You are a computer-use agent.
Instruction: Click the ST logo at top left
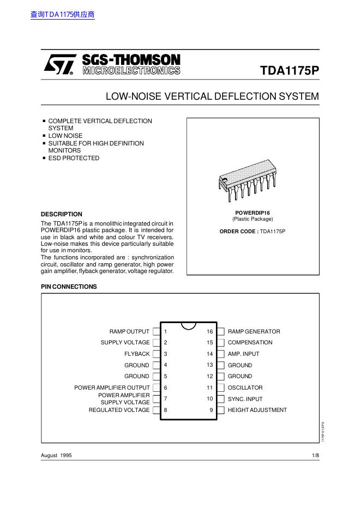(x=58, y=65)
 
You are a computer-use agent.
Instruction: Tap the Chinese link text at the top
(x=63, y=15)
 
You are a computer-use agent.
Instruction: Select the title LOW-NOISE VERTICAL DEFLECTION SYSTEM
(x=212, y=96)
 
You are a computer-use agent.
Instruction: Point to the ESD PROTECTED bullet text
(x=74, y=158)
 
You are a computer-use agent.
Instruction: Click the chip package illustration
(x=252, y=180)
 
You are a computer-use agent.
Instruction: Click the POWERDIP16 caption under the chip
(x=252, y=212)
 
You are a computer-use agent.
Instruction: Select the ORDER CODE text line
(x=252, y=232)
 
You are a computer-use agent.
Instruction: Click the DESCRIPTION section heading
(x=62, y=214)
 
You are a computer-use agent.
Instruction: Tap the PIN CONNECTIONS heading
(x=69, y=287)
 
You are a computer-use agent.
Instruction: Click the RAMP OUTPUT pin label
(x=129, y=331)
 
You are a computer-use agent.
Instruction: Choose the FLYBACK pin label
(x=137, y=354)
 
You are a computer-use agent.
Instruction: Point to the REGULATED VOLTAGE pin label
(x=119, y=410)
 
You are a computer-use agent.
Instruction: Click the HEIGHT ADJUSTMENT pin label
(x=257, y=410)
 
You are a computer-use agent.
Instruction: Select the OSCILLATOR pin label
(x=245, y=387)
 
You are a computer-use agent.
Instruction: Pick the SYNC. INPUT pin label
(x=245, y=399)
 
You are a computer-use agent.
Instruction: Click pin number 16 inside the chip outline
(x=209, y=331)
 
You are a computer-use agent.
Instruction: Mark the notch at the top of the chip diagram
(x=188, y=326)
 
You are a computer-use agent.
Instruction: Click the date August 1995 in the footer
(x=56, y=455)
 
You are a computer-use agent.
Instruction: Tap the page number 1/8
(x=315, y=455)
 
